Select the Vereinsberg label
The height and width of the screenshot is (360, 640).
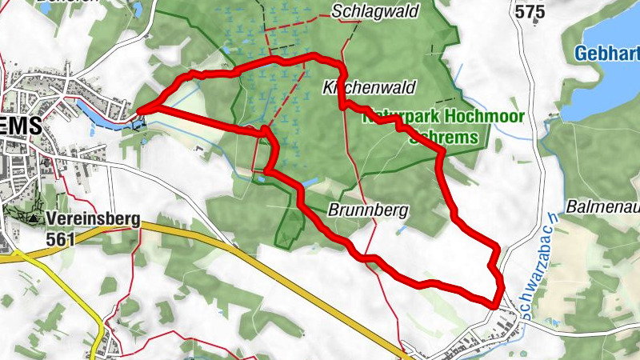tap(93, 218)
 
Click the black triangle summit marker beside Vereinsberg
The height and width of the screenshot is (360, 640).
tap(33, 218)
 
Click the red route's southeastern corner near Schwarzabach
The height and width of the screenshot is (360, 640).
tap(498, 302)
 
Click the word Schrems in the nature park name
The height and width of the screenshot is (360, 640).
tap(444, 136)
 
